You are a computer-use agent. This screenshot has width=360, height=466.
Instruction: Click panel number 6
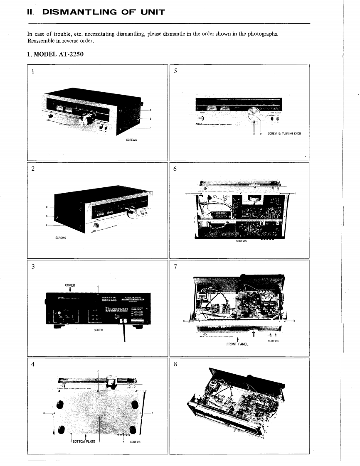pyautogui.click(x=175, y=169)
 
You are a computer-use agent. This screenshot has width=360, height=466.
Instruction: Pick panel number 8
pyautogui.click(x=175, y=365)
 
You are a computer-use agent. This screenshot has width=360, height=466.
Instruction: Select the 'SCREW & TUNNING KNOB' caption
pyautogui.click(x=284, y=134)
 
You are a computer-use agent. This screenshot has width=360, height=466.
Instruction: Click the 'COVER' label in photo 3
pyautogui.click(x=70, y=285)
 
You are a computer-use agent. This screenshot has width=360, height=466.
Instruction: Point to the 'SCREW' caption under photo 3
pyautogui.click(x=99, y=330)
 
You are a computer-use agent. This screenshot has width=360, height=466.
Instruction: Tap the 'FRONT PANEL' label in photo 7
pyautogui.click(x=237, y=344)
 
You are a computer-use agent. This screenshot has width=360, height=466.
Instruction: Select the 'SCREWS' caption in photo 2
pyautogui.click(x=61, y=238)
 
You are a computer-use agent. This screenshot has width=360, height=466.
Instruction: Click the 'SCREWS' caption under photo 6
pyautogui.click(x=241, y=241)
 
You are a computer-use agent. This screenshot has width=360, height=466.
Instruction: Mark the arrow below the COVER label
pyautogui.click(x=70, y=290)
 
